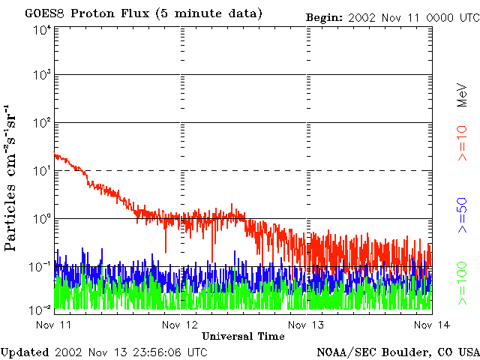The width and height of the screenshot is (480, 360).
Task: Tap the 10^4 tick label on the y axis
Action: click(x=42, y=31)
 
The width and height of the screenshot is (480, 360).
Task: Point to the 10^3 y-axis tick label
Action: click(x=42, y=76)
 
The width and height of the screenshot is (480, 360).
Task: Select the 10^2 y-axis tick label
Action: click(x=42, y=124)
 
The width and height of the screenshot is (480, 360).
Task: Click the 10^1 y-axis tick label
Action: click(x=42, y=172)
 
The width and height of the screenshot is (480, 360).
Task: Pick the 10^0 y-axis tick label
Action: click(x=42, y=220)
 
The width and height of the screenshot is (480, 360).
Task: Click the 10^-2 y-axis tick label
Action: click(x=40, y=308)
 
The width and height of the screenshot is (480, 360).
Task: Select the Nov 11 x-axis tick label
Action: click(x=52, y=325)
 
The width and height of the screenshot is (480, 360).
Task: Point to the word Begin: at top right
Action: click(x=324, y=16)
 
